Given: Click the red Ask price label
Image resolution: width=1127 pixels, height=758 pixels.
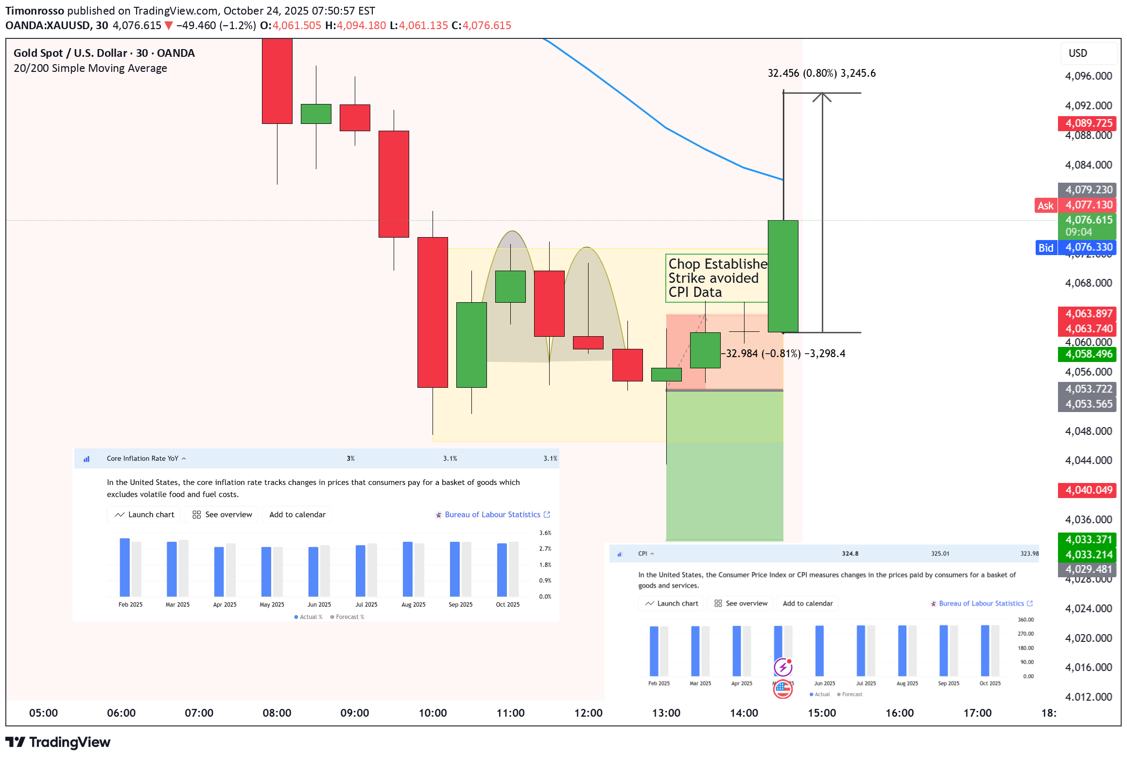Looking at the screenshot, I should coord(1045,206).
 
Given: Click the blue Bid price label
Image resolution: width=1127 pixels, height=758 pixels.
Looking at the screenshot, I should coord(1045,248).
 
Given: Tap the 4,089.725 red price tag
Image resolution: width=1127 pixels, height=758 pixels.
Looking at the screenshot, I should coord(1087,123).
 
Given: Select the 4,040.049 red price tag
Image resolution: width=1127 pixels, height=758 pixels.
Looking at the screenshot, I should coord(1087,490).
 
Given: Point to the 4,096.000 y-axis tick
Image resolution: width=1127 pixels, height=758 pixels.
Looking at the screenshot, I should coord(1088,76).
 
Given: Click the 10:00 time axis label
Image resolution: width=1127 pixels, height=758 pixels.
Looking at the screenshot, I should coord(433,713).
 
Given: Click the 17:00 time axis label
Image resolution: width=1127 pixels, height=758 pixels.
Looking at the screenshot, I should coord(977,713).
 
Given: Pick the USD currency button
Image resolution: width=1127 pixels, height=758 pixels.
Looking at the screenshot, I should coord(1077,53).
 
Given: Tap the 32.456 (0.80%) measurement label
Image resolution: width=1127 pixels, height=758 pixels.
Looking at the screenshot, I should coord(821,73).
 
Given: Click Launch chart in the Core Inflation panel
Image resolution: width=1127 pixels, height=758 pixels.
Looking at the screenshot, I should coord(144,515).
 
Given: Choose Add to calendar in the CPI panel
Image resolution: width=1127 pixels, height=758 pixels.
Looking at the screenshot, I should coord(807,603).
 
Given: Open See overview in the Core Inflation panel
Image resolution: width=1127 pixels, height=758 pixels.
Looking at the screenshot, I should coord(223,515).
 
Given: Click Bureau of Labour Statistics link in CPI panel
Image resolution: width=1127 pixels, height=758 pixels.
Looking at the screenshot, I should coord(981,603).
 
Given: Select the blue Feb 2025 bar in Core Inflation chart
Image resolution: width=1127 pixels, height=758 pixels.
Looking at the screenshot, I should coord(125,567).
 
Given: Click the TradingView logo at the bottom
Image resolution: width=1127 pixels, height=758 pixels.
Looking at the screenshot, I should coord(58,742).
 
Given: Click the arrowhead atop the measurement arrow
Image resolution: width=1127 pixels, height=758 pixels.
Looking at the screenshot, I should coord(822,96).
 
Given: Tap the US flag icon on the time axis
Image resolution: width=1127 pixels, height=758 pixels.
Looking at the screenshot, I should coord(782,689).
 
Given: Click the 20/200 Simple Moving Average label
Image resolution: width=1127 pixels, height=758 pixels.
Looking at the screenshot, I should coord(90,69).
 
